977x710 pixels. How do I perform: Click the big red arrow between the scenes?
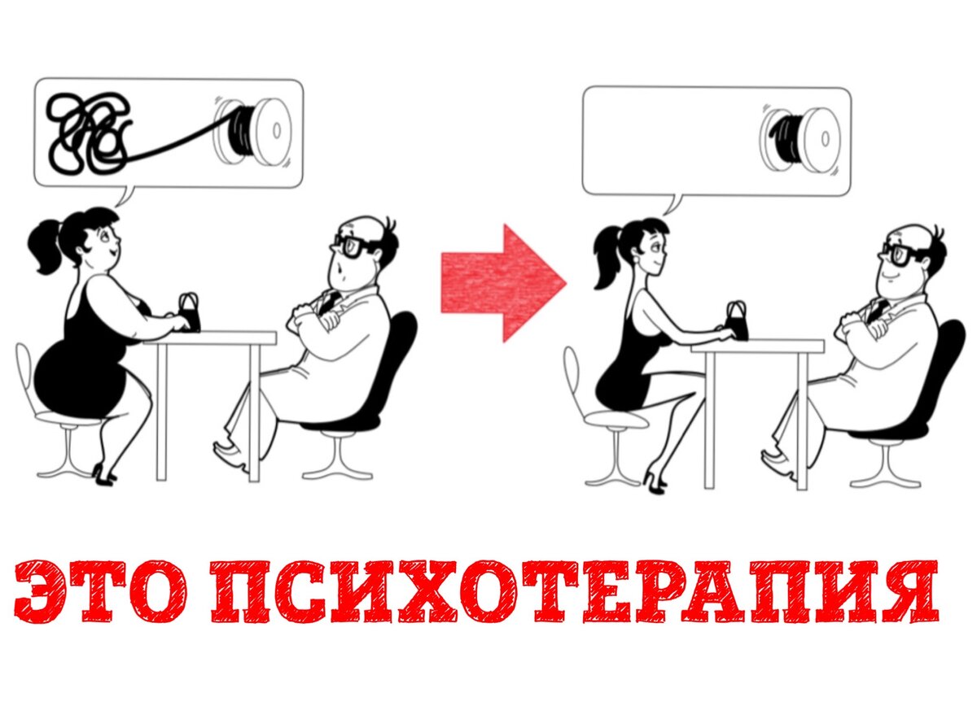504,284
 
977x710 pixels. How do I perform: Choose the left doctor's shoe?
228,453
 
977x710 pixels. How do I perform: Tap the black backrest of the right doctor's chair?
944,375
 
